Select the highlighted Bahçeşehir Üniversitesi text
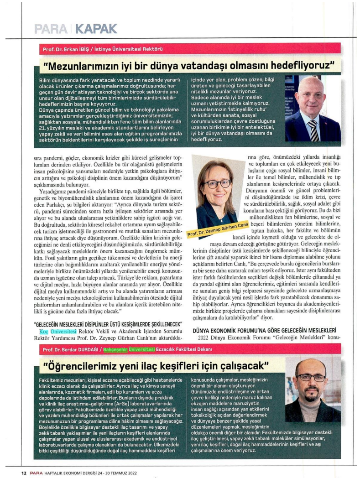click(129, 349)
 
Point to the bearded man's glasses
click(311, 378)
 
